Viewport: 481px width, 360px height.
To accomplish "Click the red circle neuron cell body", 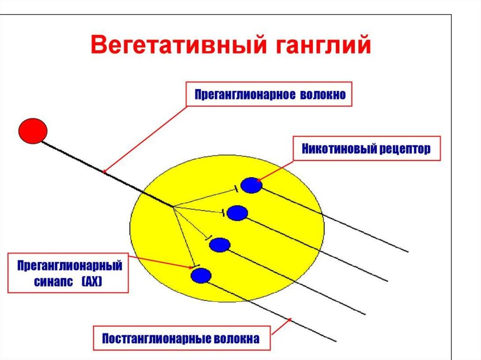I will coord(32,130).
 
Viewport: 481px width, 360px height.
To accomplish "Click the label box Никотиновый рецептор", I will coord(366,149).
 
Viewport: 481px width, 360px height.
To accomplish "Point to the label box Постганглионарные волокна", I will coord(181,338).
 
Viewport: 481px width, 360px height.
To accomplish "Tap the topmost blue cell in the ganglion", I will coord(251,185).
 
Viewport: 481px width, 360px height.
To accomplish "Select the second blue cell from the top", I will coord(237,213).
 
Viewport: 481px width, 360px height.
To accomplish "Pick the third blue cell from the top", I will coord(219,245).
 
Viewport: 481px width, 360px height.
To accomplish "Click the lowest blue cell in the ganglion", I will coord(201,275).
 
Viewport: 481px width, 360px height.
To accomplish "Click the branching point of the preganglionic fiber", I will coord(173,207).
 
